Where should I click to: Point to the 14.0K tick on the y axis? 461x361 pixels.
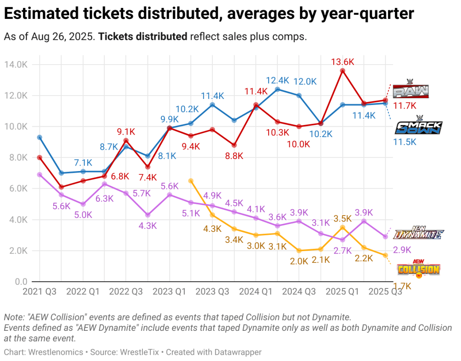(x=16, y=65)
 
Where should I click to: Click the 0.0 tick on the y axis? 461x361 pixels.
(x=20, y=282)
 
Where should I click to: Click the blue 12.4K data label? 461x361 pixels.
(x=277, y=80)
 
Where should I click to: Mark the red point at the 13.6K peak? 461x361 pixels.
(x=342, y=71)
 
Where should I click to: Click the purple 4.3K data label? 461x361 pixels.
(x=148, y=226)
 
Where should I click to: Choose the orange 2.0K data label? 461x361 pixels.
(x=299, y=260)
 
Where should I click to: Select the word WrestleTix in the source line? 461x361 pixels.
(x=140, y=353)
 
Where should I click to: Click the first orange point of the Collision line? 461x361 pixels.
(x=191, y=181)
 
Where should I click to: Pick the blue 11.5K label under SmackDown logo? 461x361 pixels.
(x=404, y=142)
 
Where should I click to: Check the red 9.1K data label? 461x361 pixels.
(x=126, y=132)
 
